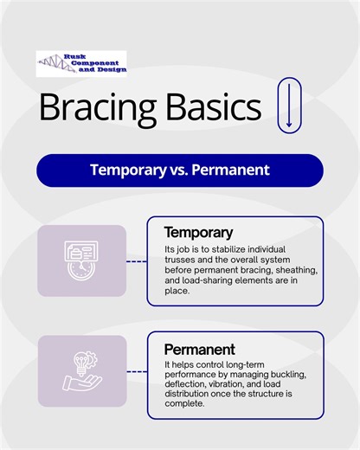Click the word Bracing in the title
coord(94,107)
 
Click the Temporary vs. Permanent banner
coord(180,170)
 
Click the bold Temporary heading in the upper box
coord(198,233)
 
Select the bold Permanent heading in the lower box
coord(199,350)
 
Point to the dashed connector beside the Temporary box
coord(137,260)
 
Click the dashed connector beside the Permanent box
coord(137,371)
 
